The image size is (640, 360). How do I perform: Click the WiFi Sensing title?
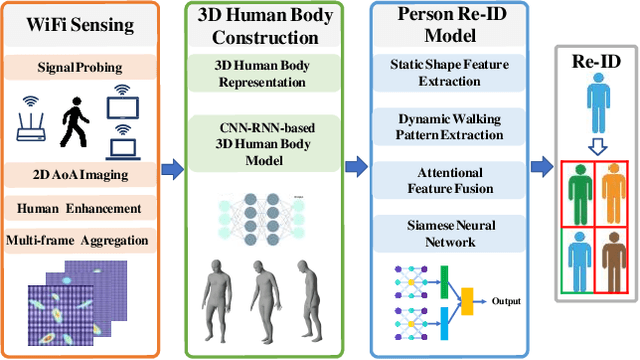point(80,24)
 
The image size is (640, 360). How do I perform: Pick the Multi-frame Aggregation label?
point(79,239)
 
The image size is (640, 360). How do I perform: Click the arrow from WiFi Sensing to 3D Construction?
point(174,166)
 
